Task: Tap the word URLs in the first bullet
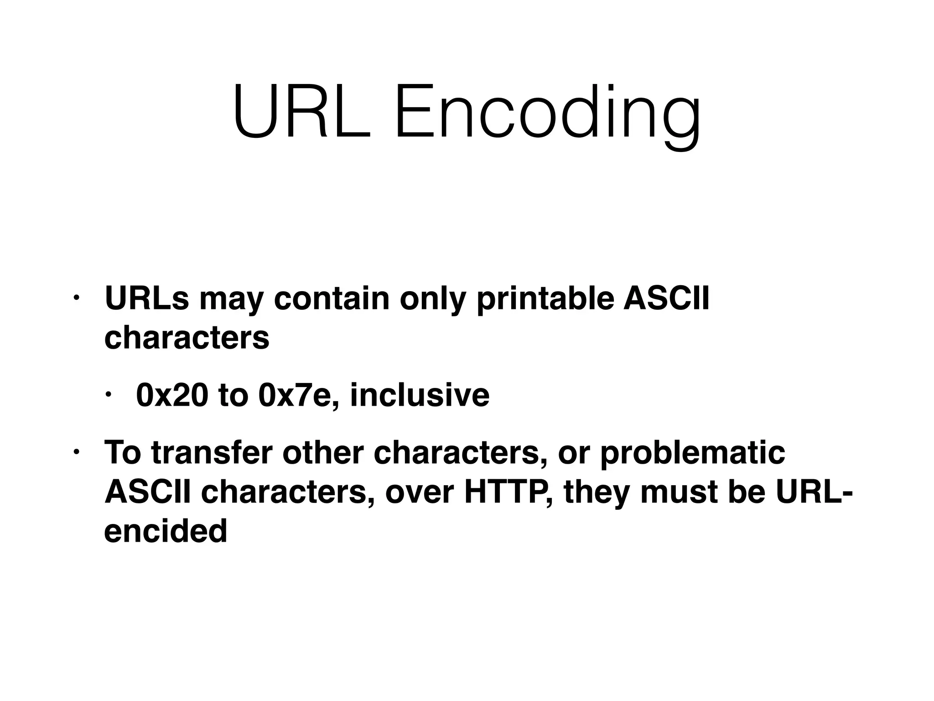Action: tap(146, 299)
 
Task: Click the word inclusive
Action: tap(420, 395)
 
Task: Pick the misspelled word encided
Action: tap(166, 531)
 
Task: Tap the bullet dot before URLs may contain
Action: tap(77, 298)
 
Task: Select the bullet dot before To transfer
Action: tap(77, 452)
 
